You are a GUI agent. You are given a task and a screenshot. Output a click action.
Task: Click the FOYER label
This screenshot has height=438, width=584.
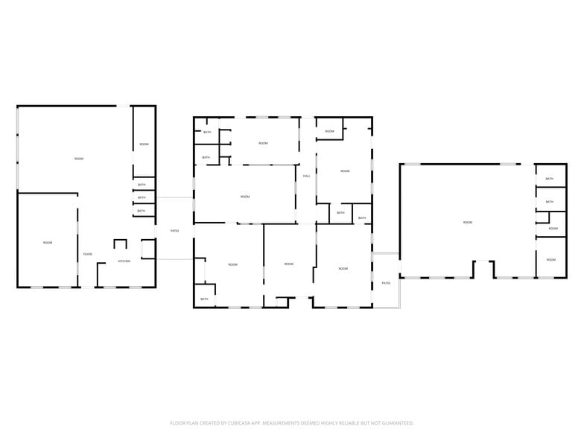pos(88,255)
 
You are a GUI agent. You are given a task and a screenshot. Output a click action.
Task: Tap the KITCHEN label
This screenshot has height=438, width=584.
pos(124,261)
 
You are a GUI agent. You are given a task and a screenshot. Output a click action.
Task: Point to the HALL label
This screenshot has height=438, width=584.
pos(306,177)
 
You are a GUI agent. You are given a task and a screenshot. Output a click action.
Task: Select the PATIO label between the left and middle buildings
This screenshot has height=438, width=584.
pos(174,231)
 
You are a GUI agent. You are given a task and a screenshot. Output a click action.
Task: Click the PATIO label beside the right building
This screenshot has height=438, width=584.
pos(386,283)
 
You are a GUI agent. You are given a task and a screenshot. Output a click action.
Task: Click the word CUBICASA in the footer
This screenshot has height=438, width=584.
pos(233,422)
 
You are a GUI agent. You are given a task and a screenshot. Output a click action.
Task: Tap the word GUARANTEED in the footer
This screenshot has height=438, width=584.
pos(396,422)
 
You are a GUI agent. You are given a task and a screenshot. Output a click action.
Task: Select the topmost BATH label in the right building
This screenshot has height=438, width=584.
pos(550,179)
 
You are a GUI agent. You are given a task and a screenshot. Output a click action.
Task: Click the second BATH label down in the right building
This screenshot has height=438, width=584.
pos(550,202)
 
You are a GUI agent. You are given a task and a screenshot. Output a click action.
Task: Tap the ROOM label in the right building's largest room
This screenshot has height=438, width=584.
pos(468,222)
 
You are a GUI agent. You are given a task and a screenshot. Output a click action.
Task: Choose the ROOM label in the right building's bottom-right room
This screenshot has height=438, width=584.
pos(550,260)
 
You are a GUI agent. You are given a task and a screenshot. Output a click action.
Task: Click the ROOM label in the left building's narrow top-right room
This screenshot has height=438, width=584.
pos(144,144)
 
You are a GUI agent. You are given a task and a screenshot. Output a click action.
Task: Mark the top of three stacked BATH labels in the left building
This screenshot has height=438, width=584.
pos(142,185)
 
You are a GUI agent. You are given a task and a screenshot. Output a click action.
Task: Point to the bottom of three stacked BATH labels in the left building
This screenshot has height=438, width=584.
pos(142,211)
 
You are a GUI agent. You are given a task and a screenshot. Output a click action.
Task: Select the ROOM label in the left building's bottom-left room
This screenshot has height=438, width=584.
pos(48,243)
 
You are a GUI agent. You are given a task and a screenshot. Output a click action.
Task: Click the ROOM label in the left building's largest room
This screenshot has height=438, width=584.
pos(79,159)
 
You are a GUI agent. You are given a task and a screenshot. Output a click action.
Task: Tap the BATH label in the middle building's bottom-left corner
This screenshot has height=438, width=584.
pos(204,299)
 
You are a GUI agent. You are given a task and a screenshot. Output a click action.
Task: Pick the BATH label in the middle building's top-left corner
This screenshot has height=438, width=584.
pos(207,133)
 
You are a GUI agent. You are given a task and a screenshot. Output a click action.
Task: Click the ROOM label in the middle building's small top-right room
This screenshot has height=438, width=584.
pos(329,132)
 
